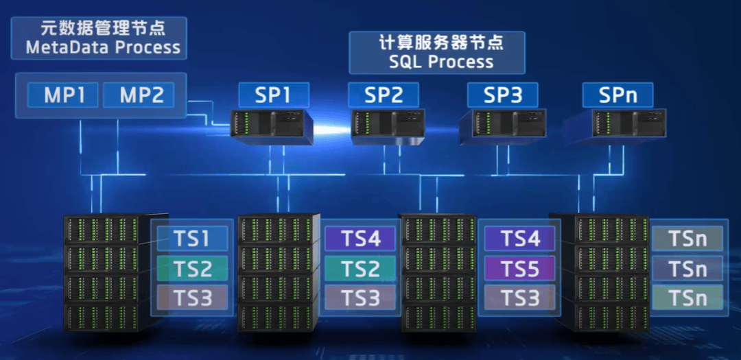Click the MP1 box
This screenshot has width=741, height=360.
point(64,95)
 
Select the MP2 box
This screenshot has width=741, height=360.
point(142,95)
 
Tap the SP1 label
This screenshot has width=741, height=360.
point(273,95)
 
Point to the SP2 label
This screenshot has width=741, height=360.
point(384,95)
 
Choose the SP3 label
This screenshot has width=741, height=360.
point(502,95)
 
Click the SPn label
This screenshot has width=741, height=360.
point(617,95)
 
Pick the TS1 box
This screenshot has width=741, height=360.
point(191,239)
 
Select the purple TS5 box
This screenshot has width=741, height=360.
point(519,268)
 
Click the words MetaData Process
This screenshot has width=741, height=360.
point(103,48)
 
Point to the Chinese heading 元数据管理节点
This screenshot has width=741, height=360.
point(103,29)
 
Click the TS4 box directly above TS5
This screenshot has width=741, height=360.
point(519,239)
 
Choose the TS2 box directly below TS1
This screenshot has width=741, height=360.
point(191,268)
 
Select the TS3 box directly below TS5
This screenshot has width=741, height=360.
point(519,298)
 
